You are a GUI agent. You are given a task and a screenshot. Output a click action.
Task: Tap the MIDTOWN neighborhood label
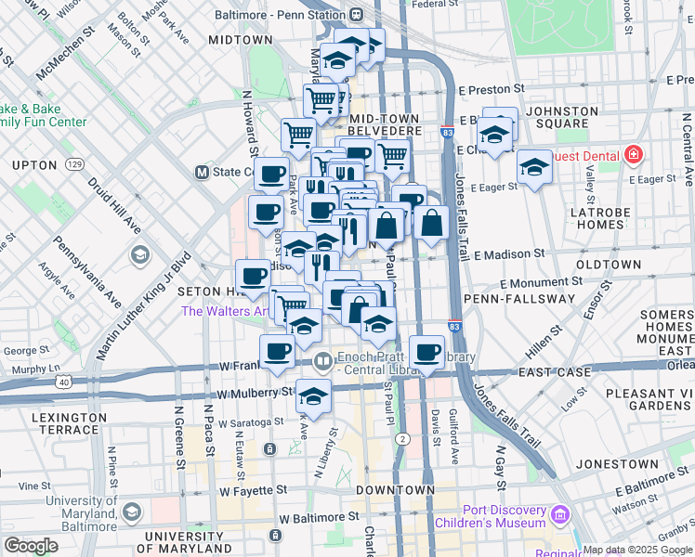(240, 41)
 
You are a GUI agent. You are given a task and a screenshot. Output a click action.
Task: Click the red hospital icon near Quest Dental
(634, 153)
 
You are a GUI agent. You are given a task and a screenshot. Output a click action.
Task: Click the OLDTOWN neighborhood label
(609, 265)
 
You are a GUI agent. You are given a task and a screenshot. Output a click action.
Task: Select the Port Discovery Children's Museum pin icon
(559, 513)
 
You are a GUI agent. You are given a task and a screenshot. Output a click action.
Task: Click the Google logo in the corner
(32, 546)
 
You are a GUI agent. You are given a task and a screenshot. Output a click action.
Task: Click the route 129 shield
(75, 164)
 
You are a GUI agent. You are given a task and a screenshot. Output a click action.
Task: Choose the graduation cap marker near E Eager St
(534, 168)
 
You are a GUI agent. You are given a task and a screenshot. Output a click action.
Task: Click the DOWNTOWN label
(395, 490)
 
